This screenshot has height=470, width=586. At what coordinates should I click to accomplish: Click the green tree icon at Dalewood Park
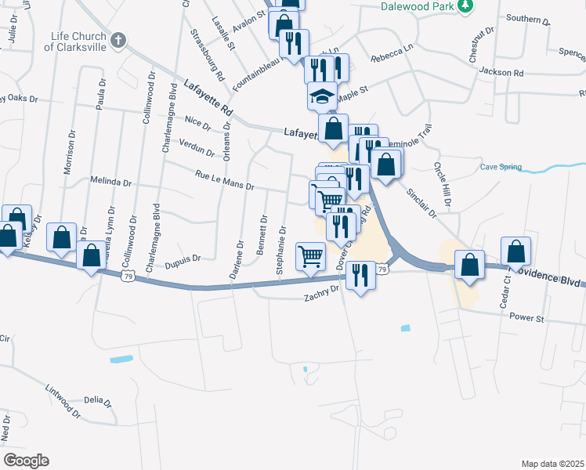point(465,6)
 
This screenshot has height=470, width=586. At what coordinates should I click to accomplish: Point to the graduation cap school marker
point(321,96)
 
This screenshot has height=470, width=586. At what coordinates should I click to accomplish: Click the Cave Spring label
point(501,167)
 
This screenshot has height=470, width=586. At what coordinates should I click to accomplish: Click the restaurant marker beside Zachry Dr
point(360,276)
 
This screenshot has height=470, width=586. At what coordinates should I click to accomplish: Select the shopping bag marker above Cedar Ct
point(516,252)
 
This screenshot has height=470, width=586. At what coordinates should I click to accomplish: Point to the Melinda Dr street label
point(110,182)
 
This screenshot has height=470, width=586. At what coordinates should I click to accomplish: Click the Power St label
point(526,318)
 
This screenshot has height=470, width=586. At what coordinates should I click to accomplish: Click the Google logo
point(26,460)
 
